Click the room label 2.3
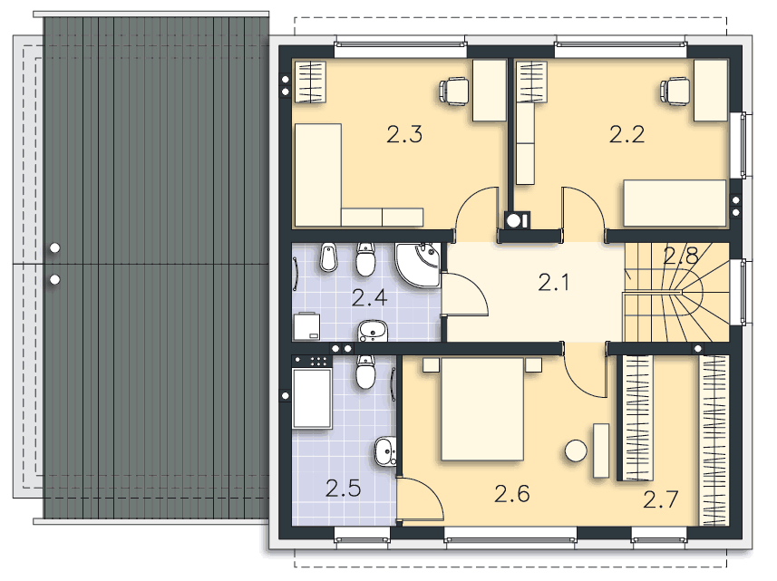coord(404,135)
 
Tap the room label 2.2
coord(626,135)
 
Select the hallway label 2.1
coord(554,283)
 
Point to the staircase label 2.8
coord(681,257)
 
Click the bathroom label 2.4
coord(369,298)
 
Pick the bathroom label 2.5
coord(343,489)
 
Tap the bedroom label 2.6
coord(512,494)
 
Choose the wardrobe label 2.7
coord(661,499)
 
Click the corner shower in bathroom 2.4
coord(418,265)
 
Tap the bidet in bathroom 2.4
coord(328,257)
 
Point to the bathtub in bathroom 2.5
coord(312,398)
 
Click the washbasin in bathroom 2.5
coord(385,451)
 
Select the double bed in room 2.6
coord(482,409)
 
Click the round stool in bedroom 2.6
coord(577,451)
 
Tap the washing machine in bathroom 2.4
coord(306,327)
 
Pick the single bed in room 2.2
coord(675,204)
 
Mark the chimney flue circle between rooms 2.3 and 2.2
coord(514,220)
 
